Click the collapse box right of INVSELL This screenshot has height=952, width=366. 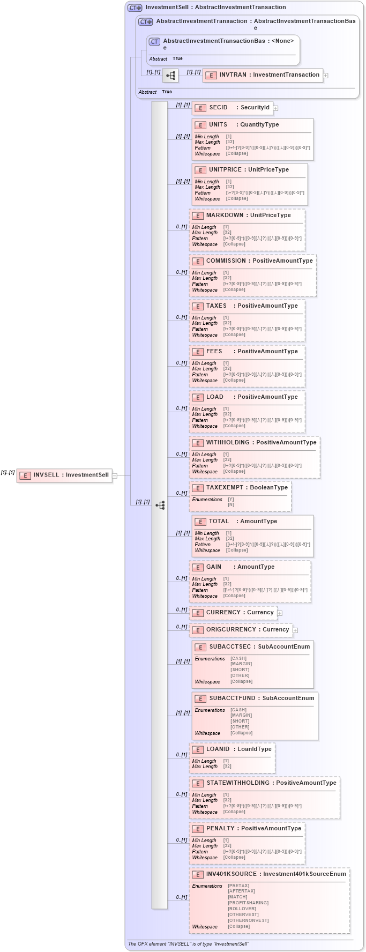(x=115, y=475)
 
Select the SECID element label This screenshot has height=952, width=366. (x=218, y=108)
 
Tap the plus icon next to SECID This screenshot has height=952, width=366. (x=275, y=108)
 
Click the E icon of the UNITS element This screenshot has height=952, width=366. (x=200, y=125)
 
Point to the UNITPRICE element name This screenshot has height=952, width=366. (x=225, y=170)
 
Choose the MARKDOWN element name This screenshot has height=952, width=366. (x=225, y=215)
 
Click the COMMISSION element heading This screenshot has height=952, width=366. (x=226, y=261)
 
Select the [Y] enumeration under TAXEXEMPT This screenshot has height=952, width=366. (x=231, y=499)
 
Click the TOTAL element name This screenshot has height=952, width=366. (x=219, y=522)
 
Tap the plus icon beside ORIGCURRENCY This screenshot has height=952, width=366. (x=295, y=630)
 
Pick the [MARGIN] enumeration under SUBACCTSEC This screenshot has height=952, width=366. (x=241, y=664)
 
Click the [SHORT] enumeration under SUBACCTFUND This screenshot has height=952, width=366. (x=240, y=721)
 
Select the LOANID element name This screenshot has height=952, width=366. (x=218, y=749)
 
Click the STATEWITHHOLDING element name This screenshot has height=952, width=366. (x=238, y=783)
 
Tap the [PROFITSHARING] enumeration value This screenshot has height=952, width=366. (x=248, y=903)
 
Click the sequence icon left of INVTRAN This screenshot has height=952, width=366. (x=170, y=76)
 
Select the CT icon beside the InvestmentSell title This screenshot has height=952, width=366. (x=135, y=8)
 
